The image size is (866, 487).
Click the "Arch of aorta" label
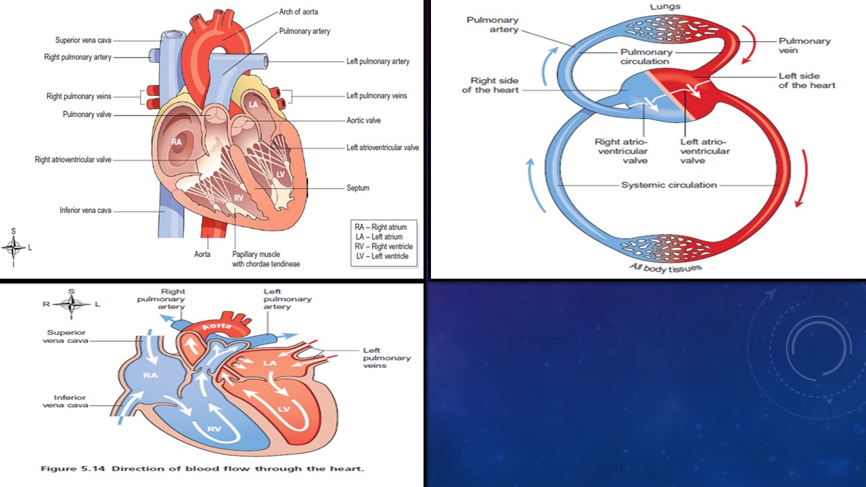(x=298, y=12)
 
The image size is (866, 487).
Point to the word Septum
(x=358, y=187)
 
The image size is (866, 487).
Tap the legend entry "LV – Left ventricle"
(x=384, y=256)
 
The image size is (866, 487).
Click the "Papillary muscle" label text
(x=256, y=254)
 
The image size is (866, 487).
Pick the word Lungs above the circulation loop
(x=665, y=7)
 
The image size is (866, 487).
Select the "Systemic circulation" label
(x=669, y=185)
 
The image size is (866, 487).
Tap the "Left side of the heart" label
(x=806, y=80)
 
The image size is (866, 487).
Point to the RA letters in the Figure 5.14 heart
(x=150, y=375)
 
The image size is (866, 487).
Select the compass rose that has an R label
(x=71, y=304)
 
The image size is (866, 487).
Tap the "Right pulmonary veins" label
(x=78, y=96)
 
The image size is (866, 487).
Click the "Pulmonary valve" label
(x=87, y=114)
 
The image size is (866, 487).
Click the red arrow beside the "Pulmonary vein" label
(x=749, y=45)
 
